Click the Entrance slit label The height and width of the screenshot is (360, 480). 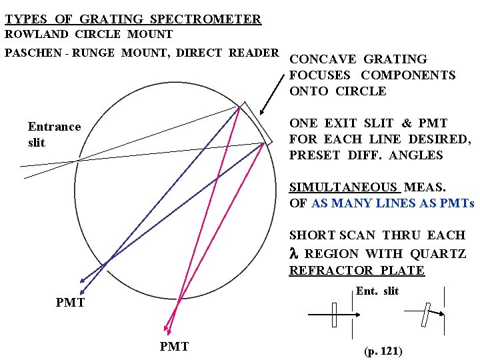54,134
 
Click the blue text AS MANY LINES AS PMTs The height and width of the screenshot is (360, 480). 393,203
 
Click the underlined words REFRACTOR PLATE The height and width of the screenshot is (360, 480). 357,270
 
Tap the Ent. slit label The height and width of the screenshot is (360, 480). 377,291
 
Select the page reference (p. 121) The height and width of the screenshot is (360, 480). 383,351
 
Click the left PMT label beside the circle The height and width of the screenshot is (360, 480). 70,303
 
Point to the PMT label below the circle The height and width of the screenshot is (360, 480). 174,346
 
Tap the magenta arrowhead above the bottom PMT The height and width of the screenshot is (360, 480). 167,329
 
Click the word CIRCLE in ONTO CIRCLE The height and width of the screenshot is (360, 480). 361,91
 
